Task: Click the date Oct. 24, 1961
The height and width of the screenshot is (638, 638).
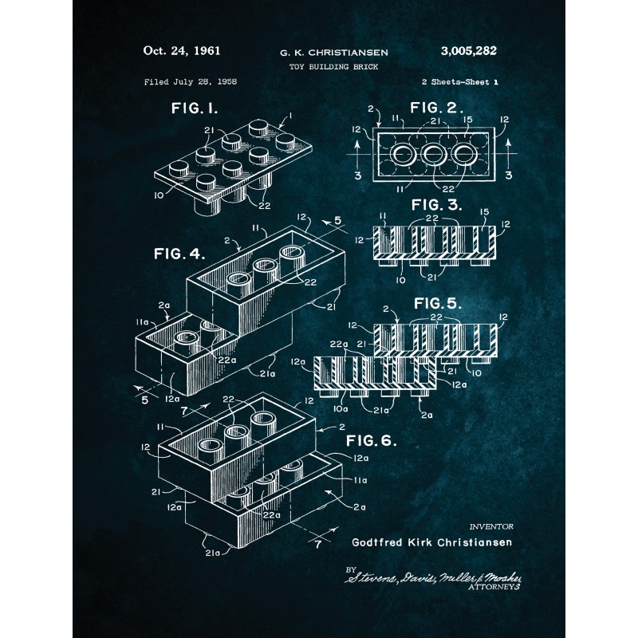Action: pyautogui.click(x=181, y=51)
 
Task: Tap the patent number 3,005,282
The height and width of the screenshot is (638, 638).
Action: pyautogui.click(x=468, y=51)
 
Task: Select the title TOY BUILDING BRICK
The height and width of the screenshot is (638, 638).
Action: pyautogui.click(x=333, y=67)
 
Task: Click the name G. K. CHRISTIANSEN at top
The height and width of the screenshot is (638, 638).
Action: pyautogui.click(x=334, y=53)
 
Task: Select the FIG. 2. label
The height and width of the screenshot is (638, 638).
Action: pyautogui.click(x=435, y=108)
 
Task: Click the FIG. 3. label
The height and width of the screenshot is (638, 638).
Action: pyautogui.click(x=436, y=206)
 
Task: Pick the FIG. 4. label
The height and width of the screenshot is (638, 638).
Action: pyautogui.click(x=179, y=255)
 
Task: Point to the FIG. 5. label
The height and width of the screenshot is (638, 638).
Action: pyautogui.click(x=436, y=303)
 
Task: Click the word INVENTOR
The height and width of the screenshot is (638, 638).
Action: pyautogui.click(x=491, y=526)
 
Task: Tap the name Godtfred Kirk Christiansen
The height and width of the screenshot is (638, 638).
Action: pyautogui.click(x=432, y=542)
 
